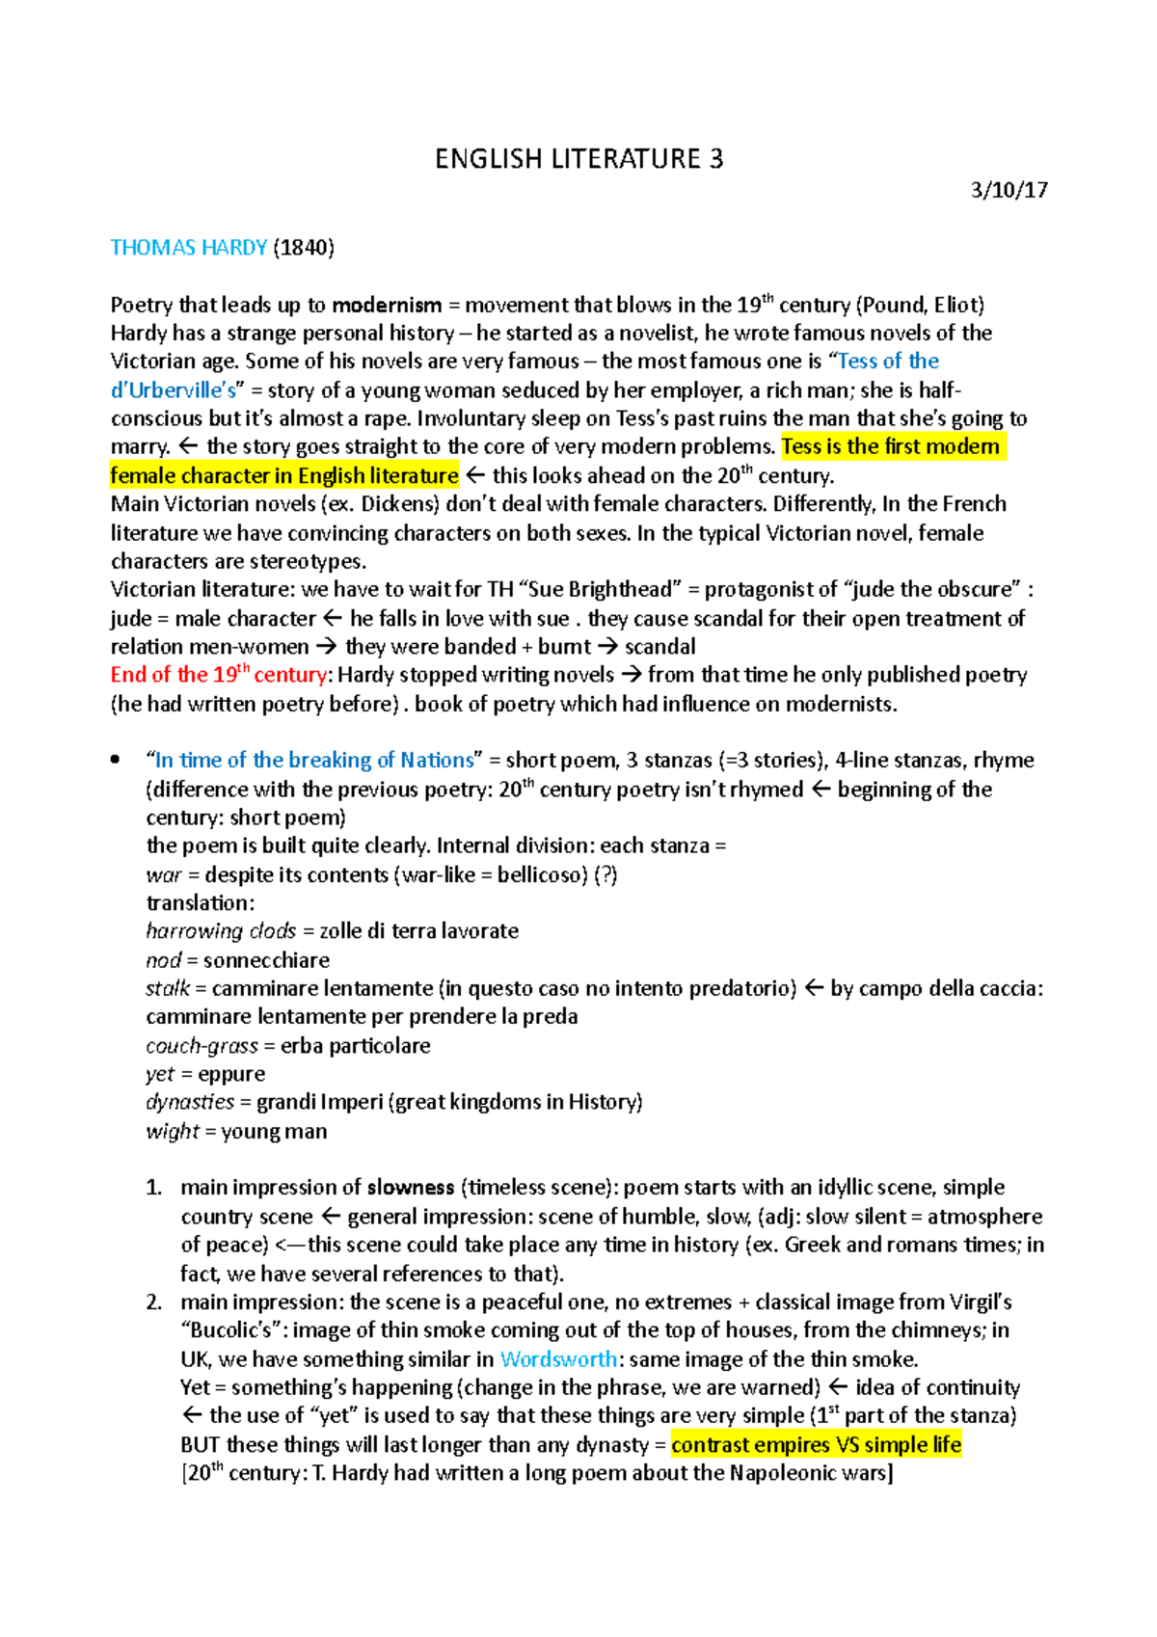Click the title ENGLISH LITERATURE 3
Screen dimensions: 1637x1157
[x=578, y=159]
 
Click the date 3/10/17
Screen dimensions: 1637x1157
[x=1009, y=190]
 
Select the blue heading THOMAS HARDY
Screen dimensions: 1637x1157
[x=189, y=248]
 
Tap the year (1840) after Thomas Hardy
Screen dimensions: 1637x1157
[x=304, y=248]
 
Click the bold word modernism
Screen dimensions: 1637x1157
[x=387, y=306]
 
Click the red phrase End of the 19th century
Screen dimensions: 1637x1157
[x=219, y=675]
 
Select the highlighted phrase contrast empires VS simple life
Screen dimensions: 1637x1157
[x=816, y=1444]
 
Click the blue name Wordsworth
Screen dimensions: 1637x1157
[x=558, y=1359]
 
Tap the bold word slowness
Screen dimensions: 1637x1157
[x=411, y=1188]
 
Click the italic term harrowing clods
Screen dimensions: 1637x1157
[x=221, y=931]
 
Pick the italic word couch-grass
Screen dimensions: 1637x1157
[x=202, y=1046]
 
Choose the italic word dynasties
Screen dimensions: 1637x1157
[x=190, y=1102]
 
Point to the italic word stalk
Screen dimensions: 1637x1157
[x=168, y=989]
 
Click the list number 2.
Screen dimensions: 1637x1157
[x=154, y=1302]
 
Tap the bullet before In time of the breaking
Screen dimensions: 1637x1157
[x=116, y=761]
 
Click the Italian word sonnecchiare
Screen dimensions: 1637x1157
[x=266, y=960]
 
